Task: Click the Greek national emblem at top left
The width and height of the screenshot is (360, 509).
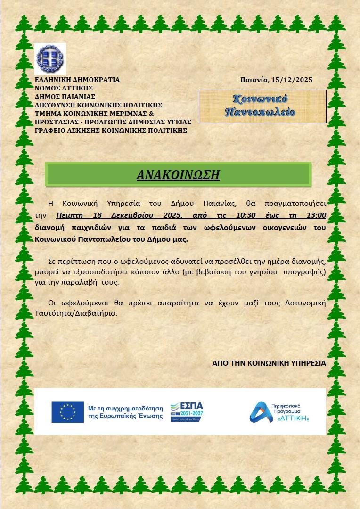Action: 50,59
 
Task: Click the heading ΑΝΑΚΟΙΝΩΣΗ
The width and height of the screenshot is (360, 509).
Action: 178,174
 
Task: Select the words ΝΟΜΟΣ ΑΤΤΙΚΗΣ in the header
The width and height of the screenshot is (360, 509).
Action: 64,88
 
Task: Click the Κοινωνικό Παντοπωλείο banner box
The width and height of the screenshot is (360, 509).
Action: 262,106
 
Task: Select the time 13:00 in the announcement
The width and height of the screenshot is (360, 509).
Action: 316,216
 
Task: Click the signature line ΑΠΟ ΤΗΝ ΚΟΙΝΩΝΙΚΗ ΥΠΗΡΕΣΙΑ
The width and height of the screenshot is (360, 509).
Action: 269,363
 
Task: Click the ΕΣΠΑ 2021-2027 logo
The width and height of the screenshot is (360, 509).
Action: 187,412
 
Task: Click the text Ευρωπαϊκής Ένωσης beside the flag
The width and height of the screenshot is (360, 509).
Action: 125,416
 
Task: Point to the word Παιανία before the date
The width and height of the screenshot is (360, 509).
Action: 254,80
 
